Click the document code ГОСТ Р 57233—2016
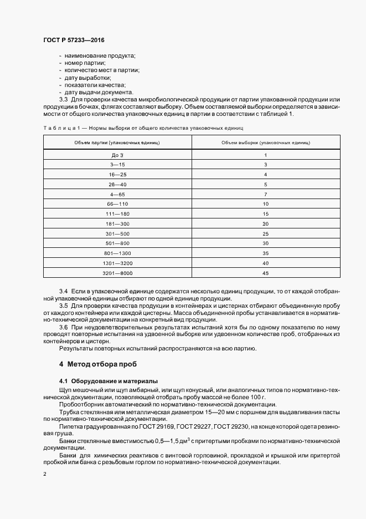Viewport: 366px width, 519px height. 74,40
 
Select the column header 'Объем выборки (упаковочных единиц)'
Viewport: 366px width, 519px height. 266,143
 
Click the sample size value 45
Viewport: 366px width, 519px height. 266,273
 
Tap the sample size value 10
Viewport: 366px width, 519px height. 266,204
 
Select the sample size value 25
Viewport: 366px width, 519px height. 266,233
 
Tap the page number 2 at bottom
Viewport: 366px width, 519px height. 45,474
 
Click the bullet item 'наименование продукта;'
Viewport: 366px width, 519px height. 100,56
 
